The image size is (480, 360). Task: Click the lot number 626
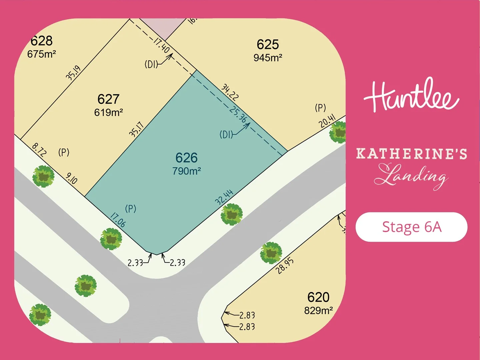[x=186, y=158]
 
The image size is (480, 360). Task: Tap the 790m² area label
[x=186, y=171]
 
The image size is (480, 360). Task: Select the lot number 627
[x=108, y=99]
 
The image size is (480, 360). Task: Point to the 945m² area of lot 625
[x=268, y=58]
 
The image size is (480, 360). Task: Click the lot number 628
[x=42, y=41]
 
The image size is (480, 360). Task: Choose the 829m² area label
[x=318, y=311]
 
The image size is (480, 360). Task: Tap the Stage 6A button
[x=411, y=227]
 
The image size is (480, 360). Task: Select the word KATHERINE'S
[x=411, y=154]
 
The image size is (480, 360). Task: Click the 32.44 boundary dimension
[x=224, y=197]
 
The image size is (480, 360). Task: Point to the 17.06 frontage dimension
[x=118, y=220]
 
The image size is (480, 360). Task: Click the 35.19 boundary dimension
[x=73, y=73]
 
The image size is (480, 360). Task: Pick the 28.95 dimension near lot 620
[x=285, y=266]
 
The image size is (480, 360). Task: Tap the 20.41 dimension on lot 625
[x=327, y=121]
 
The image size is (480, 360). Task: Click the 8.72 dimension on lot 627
[x=39, y=150]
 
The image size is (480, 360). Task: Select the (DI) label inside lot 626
[x=226, y=135]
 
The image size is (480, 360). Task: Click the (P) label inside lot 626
[x=130, y=209]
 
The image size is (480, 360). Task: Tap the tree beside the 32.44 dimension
[x=231, y=214]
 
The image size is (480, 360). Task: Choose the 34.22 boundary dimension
[x=230, y=92]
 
